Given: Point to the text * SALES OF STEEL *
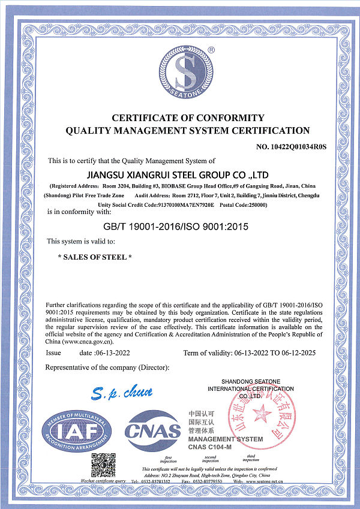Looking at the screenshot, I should (94, 257).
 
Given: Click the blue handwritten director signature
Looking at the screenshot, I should (123, 393).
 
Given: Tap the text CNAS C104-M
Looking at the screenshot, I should (209, 447).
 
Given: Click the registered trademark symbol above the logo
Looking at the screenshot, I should (211, 50).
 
